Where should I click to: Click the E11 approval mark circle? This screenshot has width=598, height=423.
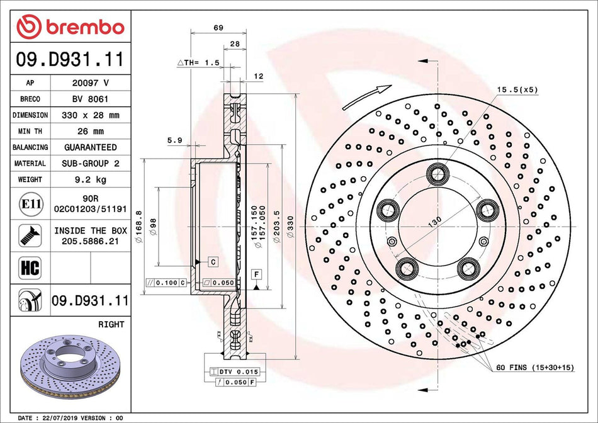tap(30, 203)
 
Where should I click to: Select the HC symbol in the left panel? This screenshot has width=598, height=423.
tap(30, 268)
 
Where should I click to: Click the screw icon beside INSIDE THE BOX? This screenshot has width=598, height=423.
tap(30, 235)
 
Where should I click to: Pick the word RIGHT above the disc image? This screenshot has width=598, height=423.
tap(111, 324)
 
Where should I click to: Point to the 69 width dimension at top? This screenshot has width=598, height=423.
tap(218, 28)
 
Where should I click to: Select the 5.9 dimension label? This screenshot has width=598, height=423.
tap(175, 141)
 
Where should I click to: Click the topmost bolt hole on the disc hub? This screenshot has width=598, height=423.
tap(436, 174)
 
